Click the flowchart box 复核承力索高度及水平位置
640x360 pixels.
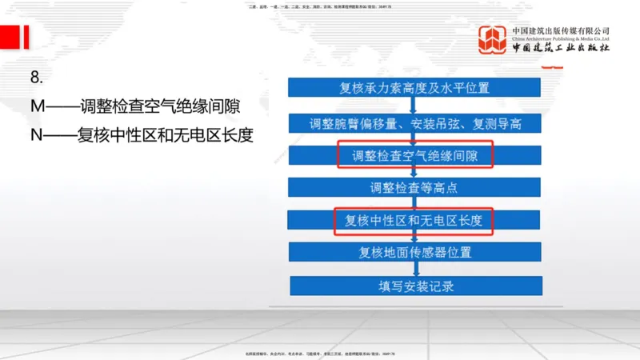pyautogui.click(x=415, y=88)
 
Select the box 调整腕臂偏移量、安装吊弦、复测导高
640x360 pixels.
pyautogui.click(x=415, y=124)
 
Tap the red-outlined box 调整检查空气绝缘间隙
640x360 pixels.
pyautogui.click(x=415, y=155)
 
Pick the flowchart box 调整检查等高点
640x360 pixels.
pyautogui.click(x=415, y=187)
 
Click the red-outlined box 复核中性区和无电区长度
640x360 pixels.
pyautogui.click(x=415, y=220)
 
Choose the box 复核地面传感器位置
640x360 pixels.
pyautogui.click(x=415, y=253)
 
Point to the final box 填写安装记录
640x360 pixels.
pyautogui.click(x=415, y=286)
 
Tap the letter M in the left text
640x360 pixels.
pyautogui.click(x=38, y=105)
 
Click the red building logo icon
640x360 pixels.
pyautogui.click(x=492, y=39)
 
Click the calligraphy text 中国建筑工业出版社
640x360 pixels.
pyautogui.click(x=561, y=48)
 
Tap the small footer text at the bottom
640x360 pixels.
pyautogui.click(x=319, y=353)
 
